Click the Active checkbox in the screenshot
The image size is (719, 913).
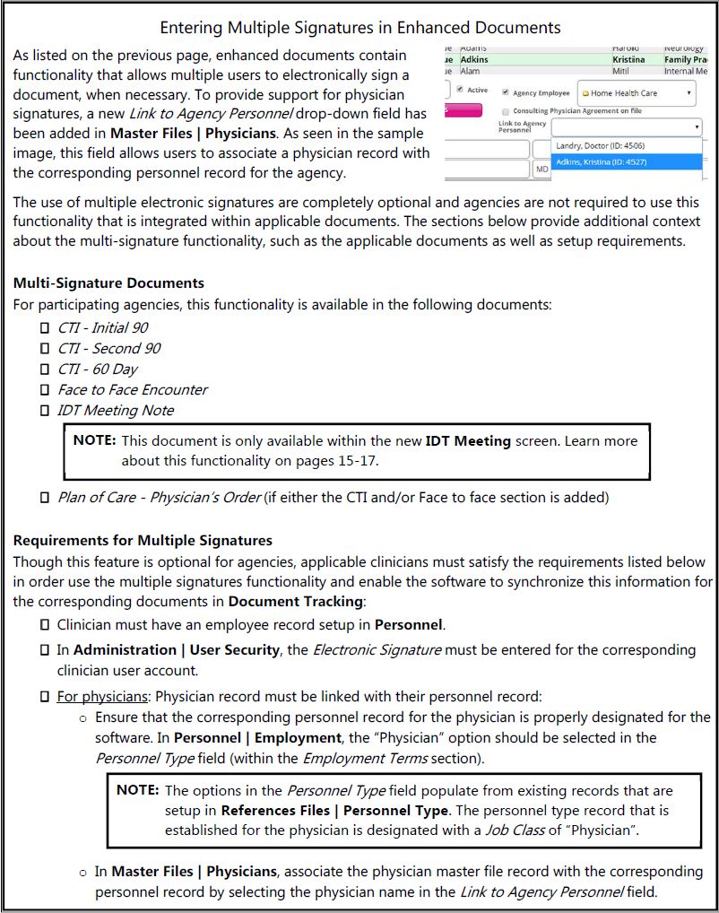460,90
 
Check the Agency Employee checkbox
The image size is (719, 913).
506,92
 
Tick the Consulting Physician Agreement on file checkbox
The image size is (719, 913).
506,111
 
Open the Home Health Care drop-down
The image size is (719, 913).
637,92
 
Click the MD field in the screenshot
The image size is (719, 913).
542,169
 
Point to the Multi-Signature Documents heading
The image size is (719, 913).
108,283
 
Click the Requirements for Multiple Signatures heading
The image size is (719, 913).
143,541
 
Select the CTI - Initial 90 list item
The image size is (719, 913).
103,327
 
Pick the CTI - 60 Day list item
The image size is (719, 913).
98,369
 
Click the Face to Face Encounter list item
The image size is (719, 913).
133,389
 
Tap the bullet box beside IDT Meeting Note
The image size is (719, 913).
45,411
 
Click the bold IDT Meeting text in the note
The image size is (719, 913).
468,440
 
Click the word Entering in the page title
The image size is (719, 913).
192,27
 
